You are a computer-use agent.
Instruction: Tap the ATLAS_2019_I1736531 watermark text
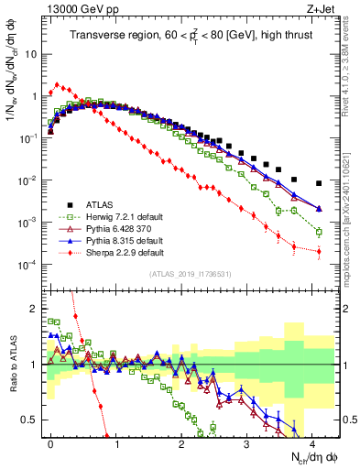pyautogui.click(x=191, y=275)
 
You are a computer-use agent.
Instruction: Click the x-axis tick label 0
pyautogui.click(x=49, y=442)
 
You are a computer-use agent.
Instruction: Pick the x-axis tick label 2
pyautogui.click(x=180, y=442)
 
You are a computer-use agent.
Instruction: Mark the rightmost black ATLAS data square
pyautogui.click(x=318, y=183)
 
